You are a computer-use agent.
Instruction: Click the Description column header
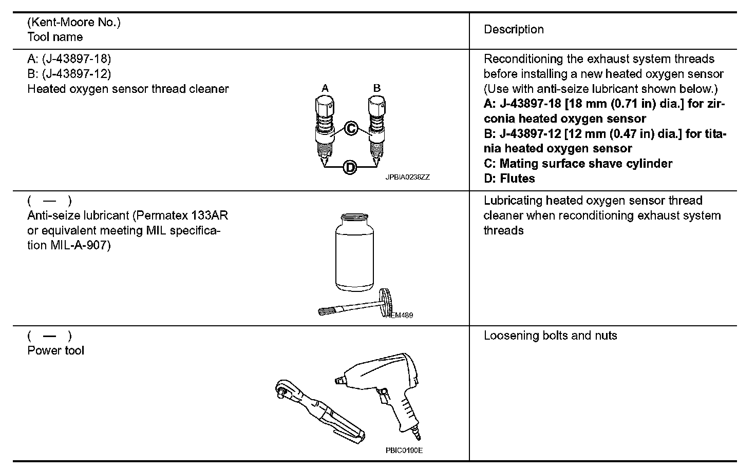[514, 30]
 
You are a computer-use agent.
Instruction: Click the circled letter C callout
[350, 128]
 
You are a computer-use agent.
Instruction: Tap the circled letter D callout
[350, 167]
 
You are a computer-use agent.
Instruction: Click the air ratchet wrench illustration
[318, 411]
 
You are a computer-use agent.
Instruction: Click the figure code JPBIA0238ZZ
[408, 177]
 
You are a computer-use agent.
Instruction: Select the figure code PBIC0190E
[404, 451]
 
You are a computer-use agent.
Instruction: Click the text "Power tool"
[55, 351]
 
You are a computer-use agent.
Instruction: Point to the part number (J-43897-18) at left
[76, 59]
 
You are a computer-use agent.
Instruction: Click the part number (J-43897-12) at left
[76, 74]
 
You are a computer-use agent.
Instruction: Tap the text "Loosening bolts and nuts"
[550, 336]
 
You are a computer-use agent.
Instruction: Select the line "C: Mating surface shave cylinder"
[578, 164]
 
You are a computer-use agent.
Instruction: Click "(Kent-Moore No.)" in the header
[73, 22]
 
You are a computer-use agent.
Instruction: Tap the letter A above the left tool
[325, 88]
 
